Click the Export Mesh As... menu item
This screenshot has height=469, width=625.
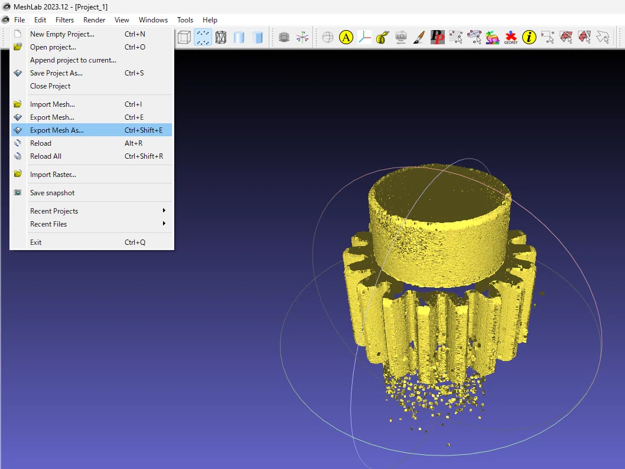coord(92,130)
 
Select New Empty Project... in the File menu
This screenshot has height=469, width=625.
coord(92,34)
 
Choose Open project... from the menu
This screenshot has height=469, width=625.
coord(92,47)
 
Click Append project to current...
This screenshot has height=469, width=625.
coord(92,60)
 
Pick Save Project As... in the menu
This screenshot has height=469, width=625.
coord(92,73)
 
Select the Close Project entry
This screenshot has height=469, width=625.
coord(92,86)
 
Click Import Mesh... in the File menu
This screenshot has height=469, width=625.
coord(92,104)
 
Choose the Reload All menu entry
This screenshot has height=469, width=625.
coord(92,156)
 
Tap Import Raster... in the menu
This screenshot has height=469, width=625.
coord(92,175)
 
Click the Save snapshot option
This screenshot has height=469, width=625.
coord(92,193)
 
